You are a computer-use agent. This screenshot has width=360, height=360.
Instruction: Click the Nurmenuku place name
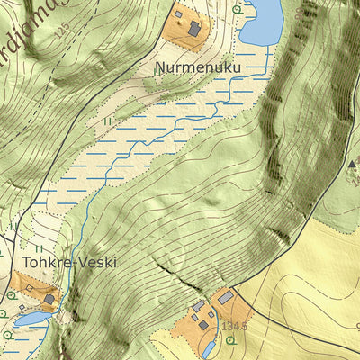[x=198, y=67]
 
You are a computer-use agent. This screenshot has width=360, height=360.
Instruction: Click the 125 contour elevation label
[x=61, y=31]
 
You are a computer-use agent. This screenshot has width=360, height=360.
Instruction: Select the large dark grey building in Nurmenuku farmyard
[x=194, y=29]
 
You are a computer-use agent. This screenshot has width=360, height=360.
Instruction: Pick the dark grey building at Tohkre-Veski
[x=49, y=299]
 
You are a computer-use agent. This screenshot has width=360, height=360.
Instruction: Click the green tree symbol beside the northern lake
[x=237, y=9]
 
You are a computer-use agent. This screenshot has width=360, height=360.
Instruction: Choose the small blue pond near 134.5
[x=209, y=346]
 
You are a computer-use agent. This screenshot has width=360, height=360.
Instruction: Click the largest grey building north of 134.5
[x=226, y=296]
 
